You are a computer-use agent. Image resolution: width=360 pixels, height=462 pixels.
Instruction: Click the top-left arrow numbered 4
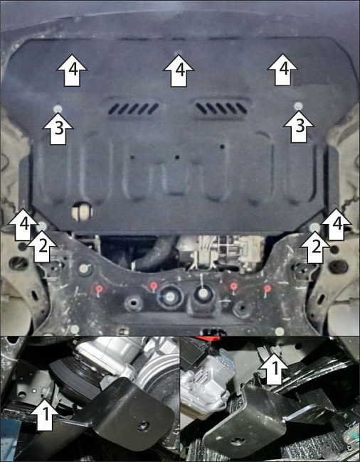pyautogui.click(x=72, y=70)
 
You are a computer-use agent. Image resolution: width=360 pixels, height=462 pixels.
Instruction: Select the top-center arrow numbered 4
pyautogui.click(x=179, y=70)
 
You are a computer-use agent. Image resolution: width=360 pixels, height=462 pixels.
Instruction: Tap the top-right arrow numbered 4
pyautogui.click(x=282, y=70)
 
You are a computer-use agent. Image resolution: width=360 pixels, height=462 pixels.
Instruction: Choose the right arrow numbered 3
pyautogui.click(x=298, y=127)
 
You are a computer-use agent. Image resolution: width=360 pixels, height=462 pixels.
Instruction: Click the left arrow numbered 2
pyautogui.click(x=42, y=247)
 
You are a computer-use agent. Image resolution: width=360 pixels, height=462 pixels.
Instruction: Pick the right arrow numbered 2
pyautogui.click(x=315, y=247)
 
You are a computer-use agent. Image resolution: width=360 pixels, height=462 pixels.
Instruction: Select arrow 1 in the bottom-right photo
pyautogui.click(x=274, y=369)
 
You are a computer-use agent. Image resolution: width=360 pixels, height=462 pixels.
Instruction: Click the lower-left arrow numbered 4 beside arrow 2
pyautogui.click(x=23, y=224)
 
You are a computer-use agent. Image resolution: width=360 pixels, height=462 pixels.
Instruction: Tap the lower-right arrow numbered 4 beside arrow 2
pyautogui.click(x=337, y=224)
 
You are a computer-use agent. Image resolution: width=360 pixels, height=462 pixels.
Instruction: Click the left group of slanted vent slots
pyautogui.click(x=134, y=109)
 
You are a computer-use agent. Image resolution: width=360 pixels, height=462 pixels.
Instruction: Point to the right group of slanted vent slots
pyautogui.click(x=222, y=108)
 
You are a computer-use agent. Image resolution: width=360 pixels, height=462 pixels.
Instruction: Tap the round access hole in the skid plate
pyautogui.click(x=83, y=211)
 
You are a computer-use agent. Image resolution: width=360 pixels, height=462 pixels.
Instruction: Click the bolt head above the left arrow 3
pyautogui.click(x=58, y=109)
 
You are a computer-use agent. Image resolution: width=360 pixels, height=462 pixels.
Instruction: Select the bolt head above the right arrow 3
pyautogui.click(x=298, y=106)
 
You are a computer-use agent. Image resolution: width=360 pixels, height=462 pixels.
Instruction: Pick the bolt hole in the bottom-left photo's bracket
pyautogui.click(x=144, y=426)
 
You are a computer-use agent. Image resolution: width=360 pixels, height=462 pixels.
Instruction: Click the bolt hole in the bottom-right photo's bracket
pyautogui.click(x=235, y=441)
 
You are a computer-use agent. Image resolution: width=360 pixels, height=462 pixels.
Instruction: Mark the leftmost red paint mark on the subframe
pyautogui.click(x=100, y=289)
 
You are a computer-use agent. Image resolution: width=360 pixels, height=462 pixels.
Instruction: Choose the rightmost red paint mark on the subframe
pyautogui.click(x=267, y=289)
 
